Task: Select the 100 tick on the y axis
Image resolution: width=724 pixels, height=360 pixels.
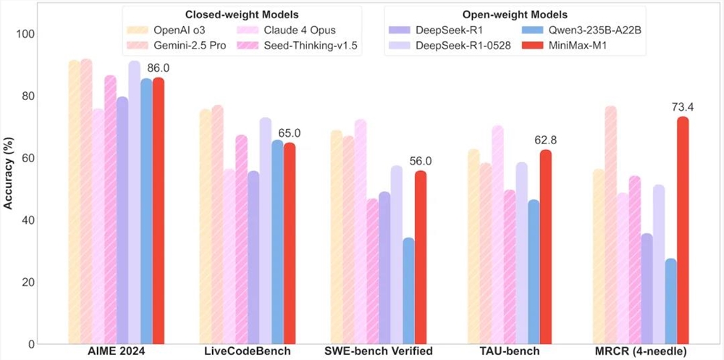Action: pos(35,34)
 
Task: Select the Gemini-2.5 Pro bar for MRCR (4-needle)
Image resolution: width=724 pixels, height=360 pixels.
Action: pos(611,225)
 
